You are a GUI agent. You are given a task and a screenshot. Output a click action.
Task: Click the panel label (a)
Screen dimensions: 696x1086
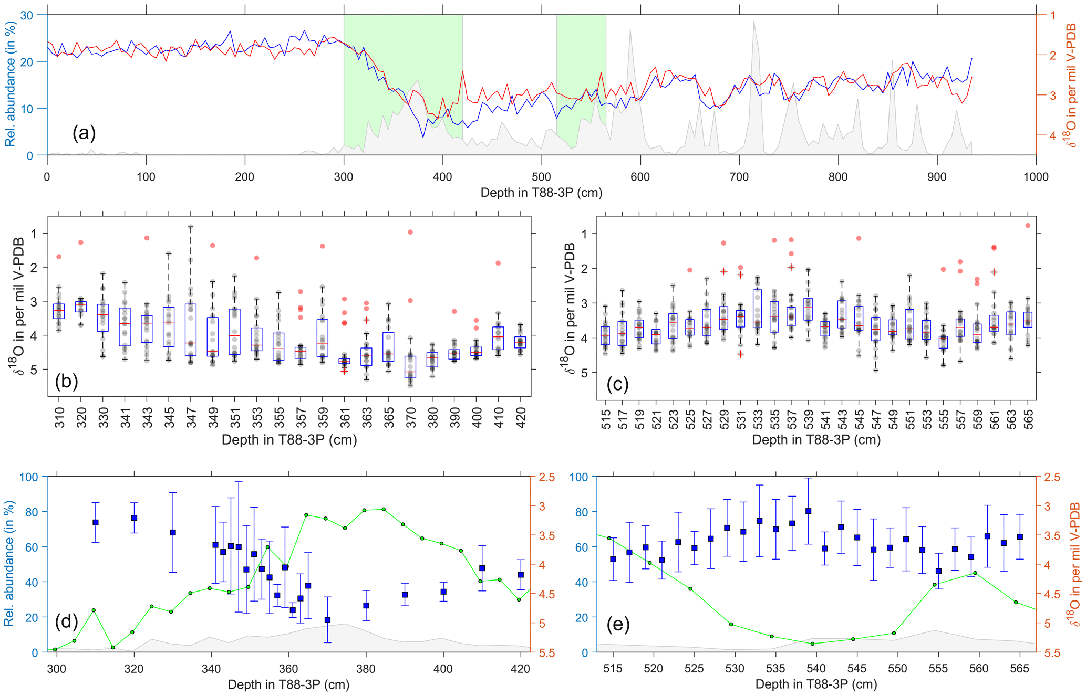84,133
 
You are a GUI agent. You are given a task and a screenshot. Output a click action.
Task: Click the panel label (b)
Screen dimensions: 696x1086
66,381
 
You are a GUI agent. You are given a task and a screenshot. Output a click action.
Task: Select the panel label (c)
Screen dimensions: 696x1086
617,384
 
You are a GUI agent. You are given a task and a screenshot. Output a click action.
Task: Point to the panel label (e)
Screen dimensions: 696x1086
618,625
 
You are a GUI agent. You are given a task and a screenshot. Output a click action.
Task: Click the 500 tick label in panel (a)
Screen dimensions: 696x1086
541,177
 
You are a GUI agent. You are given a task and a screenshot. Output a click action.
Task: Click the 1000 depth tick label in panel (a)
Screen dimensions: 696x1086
1036,177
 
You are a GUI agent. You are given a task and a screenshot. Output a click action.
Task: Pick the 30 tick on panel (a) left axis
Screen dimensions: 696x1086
26,15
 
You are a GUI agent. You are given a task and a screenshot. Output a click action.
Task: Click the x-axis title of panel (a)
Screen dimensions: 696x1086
541,193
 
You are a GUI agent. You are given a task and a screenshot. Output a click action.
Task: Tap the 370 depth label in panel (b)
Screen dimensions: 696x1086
410,418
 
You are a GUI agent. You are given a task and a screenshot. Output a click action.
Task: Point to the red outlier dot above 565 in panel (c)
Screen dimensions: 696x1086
1028,226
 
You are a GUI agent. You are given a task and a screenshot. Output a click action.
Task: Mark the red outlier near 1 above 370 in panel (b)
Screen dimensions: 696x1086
410,232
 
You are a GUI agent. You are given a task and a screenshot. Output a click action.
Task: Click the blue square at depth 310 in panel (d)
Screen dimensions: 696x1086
96,522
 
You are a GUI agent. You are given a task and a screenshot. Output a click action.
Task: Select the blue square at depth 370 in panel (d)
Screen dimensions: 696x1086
327,620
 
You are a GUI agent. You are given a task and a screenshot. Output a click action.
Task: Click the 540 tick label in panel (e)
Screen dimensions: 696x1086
816,669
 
